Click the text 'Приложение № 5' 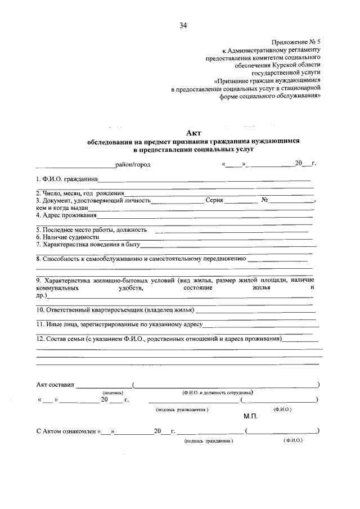(296, 42)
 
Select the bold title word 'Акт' (193, 133)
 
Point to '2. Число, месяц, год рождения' (80, 193)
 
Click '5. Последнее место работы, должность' (92, 230)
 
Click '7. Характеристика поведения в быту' (88, 245)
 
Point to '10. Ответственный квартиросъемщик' (115, 310)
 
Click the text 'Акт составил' (55, 385)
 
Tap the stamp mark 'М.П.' (250, 417)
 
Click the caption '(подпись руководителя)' (182, 410)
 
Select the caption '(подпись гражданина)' (208, 442)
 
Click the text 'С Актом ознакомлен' (66, 431)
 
